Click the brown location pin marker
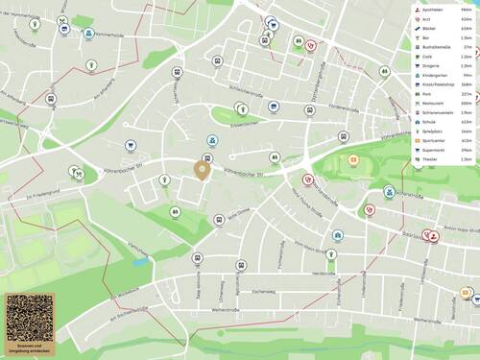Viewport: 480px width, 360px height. (x=203, y=171)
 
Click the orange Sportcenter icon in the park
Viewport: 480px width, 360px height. (x=353, y=159)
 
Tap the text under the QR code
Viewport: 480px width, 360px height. (x=29, y=346)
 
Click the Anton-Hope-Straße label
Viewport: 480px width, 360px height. (x=459, y=228)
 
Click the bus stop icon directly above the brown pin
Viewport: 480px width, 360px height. (x=206, y=157)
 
